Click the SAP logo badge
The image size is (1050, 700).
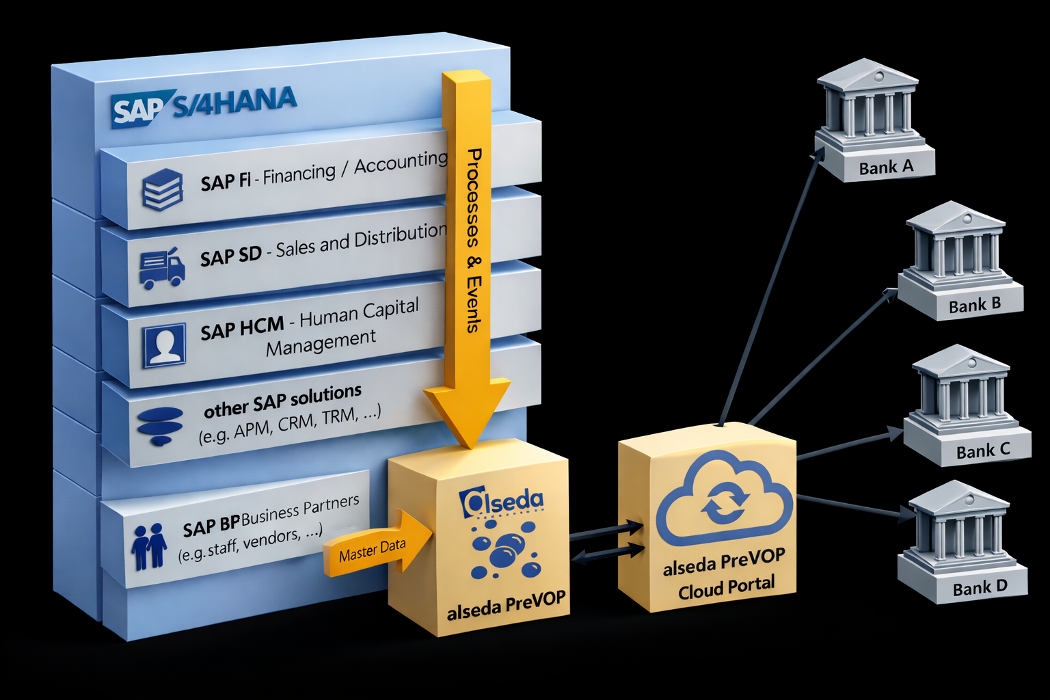click(137, 110)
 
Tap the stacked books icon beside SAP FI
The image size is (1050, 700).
click(162, 189)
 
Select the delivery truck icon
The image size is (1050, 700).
click(162, 267)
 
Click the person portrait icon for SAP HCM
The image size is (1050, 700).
click(165, 345)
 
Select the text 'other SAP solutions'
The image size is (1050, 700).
click(282, 401)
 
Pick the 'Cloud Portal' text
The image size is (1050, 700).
click(726, 587)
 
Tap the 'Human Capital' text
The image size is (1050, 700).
click(359, 314)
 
